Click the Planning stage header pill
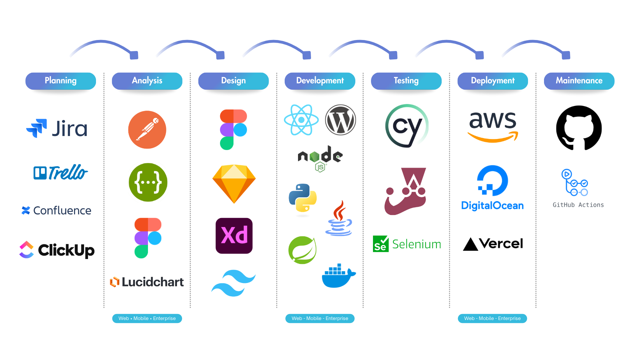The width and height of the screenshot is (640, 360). coord(61,81)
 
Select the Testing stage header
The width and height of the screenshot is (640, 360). coord(406,81)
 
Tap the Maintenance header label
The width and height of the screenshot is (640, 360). coord(579,81)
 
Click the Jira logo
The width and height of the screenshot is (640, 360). coord(57,128)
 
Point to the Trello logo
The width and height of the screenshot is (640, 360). coord(60,172)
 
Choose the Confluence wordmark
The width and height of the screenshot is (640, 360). coord(57,210)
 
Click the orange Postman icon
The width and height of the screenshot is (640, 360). coord(147,130)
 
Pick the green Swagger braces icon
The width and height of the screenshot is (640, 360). coord(148,182)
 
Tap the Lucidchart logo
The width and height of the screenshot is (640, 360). coord(147,282)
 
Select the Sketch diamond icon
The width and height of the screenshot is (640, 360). coord(234,184)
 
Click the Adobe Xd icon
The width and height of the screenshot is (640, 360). coord(234,236)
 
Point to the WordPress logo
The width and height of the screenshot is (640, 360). coord(340,120)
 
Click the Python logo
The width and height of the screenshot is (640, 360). coord(303,198)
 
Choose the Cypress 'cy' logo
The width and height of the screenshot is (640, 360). coord(406,126)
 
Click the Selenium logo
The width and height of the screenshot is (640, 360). coord(407,244)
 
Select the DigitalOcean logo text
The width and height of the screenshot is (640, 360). coord(492,206)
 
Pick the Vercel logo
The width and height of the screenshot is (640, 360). coord(493,244)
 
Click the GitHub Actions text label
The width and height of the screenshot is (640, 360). coord(578,205)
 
